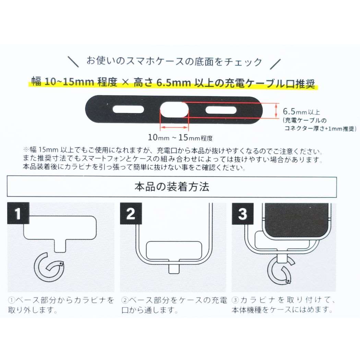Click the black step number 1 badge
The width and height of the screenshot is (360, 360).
pos(18,214)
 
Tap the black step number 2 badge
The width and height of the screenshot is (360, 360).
pos(130,214)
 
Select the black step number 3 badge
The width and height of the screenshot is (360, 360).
pos(242,214)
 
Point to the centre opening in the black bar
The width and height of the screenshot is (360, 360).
pos(175,109)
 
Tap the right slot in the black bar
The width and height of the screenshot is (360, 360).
pos(221,110)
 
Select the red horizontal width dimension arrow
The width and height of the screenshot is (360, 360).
pos(175,128)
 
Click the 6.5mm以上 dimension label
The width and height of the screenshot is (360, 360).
pos(301,112)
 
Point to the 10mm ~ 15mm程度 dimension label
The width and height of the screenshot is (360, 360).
pos(180,138)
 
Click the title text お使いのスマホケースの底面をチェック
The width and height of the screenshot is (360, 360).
pos(174,62)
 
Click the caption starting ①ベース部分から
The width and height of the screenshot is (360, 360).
pos(61,305)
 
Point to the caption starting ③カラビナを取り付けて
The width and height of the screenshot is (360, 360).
pos(283,305)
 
